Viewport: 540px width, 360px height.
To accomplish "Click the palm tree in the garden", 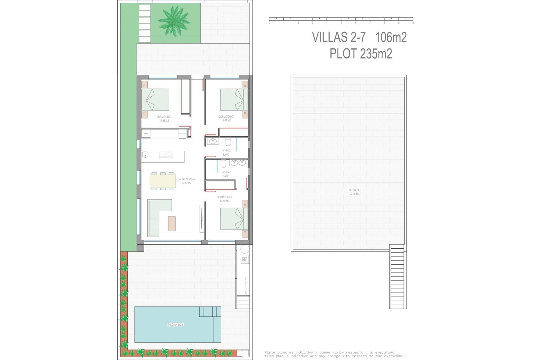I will (173, 21).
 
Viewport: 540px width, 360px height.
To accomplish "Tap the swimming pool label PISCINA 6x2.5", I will (175, 325).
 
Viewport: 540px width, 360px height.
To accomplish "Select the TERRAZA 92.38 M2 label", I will (354, 192).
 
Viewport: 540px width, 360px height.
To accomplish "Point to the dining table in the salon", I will (163, 181).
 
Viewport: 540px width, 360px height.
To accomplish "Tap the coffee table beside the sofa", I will (172, 224).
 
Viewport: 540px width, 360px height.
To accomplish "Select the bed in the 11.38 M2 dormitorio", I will (155, 100).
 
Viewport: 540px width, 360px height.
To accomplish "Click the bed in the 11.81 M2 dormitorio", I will (234, 100).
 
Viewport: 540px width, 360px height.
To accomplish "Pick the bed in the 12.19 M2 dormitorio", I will (234, 219).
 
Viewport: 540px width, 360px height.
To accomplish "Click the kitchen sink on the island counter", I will (145, 154).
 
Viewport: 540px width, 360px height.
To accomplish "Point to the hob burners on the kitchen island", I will (166, 154).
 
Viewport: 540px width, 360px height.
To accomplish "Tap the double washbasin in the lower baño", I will (238, 163).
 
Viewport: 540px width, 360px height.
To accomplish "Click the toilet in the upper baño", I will (228, 141).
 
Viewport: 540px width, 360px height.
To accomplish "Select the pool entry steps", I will (210, 311).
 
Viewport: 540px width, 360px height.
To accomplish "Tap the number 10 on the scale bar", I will (413, 23).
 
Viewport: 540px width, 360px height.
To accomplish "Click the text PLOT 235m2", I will (361, 54).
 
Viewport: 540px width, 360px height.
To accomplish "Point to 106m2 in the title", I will (391, 37).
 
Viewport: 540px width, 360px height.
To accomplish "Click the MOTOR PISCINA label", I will (246, 285).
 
